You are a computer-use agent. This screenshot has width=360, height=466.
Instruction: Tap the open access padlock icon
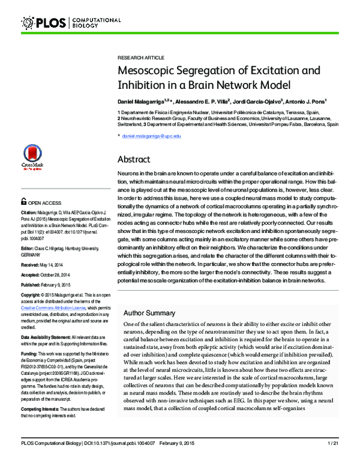coord(23,202)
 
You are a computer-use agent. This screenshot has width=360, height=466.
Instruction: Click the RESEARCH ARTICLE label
coord(140,58)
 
